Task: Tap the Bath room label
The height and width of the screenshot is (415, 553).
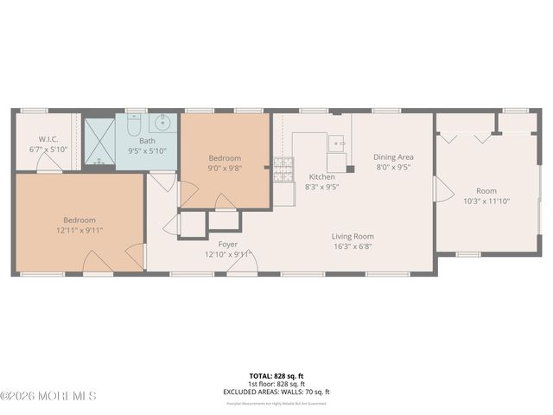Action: [148, 140]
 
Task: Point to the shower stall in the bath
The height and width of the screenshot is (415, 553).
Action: [99, 140]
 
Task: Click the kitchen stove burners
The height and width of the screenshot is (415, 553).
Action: [283, 170]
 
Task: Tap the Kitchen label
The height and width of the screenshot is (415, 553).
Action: [322, 176]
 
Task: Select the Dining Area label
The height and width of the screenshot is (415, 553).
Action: [393, 157]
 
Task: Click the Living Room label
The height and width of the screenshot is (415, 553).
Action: [353, 236]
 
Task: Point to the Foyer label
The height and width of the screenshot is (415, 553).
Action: [228, 244]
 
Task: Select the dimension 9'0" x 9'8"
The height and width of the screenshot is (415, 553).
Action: [225, 168]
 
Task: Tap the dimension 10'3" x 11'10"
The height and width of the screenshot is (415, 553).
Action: [486, 201]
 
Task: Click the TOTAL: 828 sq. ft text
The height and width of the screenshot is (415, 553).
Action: [276, 376]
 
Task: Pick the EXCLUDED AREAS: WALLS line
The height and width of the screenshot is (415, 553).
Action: [276, 392]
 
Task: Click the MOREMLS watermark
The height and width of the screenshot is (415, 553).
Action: [48, 396]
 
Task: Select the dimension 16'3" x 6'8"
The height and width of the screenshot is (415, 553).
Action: [353, 246]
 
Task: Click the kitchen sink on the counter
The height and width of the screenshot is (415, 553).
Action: [337, 143]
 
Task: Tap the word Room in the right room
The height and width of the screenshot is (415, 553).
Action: [486, 191]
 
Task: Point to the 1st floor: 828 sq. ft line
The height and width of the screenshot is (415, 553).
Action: [276, 384]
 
